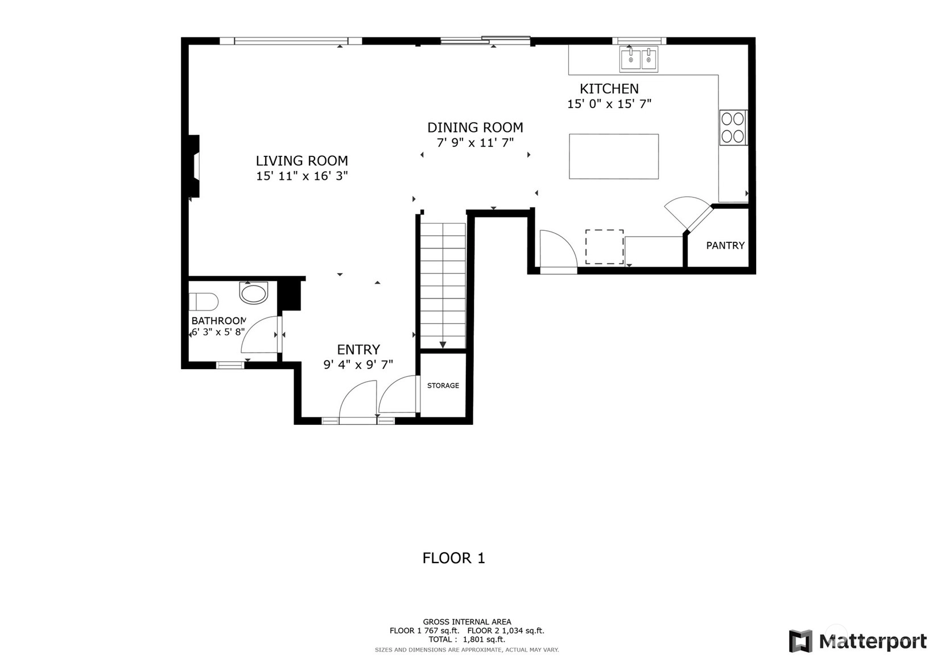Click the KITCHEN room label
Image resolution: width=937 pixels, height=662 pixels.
click(609, 89)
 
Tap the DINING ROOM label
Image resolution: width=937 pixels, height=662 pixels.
click(475, 127)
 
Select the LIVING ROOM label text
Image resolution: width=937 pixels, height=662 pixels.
click(302, 160)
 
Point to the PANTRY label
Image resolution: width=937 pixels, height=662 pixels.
click(725, 246)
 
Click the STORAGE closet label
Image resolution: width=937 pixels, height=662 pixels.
click(443, 386)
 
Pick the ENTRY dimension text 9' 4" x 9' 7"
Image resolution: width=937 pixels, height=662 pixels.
click(358, 365)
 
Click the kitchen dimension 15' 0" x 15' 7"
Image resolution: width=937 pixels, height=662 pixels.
click(609, 104)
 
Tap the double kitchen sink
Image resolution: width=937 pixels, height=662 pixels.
click(639, 59)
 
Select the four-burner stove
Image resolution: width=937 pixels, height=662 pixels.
click(733, 127)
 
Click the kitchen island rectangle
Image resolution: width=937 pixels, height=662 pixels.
click(614, 156)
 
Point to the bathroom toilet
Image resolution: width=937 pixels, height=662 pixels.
click(203, 301)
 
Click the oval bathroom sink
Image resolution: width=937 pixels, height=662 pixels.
click(253, 293)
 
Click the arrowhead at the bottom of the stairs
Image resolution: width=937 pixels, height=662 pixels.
click(443, 345)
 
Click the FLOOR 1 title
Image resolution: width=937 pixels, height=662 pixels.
click(453, 558)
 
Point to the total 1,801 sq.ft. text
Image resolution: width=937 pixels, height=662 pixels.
click(467, 639)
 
